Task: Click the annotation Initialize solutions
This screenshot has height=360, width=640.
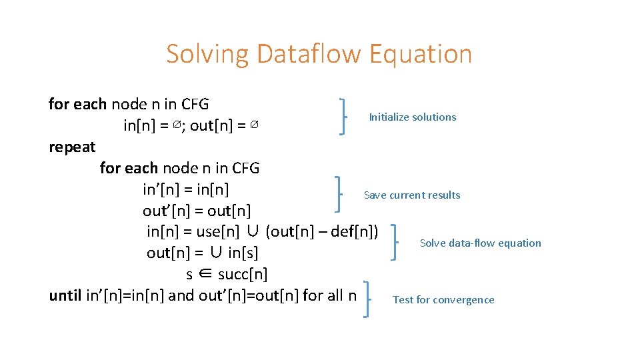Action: point(413,117)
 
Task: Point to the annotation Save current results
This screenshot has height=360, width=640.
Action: point(412,195)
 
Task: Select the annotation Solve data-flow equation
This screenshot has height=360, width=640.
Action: point(481,243)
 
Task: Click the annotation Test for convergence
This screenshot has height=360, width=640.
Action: point(443,300)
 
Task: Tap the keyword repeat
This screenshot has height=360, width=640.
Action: point(72,147)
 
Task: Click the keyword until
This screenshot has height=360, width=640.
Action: point(66,295)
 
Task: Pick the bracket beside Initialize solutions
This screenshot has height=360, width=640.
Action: point(343,116)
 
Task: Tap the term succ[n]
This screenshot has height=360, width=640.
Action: point(243,275)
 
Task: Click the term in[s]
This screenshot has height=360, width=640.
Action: point(243,253)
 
